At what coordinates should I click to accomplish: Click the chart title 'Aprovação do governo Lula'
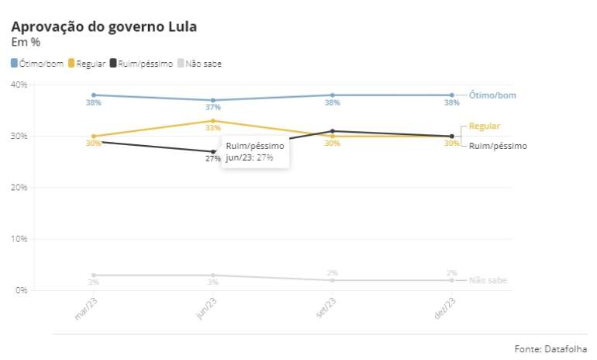point(103,26)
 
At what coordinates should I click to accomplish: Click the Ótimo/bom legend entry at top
point(37,63)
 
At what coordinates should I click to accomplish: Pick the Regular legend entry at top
point(87,63)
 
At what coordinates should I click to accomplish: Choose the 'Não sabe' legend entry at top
point(200,63)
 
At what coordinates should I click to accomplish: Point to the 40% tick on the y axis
point(19,84)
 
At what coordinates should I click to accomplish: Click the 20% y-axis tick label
point(19,187)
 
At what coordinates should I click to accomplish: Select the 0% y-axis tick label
point(21,290)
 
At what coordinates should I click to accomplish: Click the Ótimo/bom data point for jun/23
point(213,100)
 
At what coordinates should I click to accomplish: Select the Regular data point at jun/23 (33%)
point(213,120)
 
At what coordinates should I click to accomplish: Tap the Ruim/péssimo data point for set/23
point(333,130)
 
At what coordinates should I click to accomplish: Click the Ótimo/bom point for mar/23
point(94,95)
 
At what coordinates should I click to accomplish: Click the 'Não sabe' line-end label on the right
point(488,280)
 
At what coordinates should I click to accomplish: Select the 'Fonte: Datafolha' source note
point(550,348)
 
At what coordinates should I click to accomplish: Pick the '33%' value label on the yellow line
point(212,128)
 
